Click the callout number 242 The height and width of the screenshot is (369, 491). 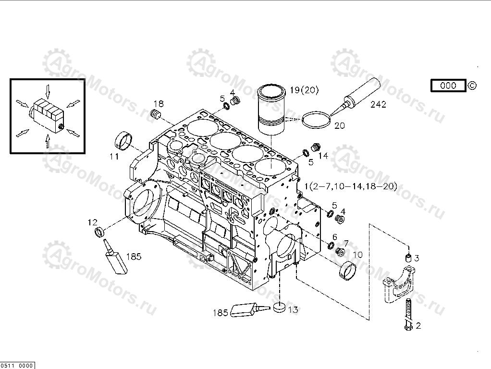tap(378, 104)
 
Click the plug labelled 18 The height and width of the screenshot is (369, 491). tap(155, 116)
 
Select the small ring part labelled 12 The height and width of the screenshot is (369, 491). tap(98, 233)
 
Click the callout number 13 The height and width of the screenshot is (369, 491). tap(293, 310)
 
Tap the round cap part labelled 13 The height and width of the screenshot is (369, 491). tap(278, 307)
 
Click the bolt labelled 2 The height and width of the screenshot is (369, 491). tap(408, 315)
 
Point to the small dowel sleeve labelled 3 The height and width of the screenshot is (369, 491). tap(408, 258)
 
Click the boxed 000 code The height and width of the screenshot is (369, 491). tap(448, 86)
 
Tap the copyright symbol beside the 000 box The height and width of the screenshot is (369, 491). tap(472, 86)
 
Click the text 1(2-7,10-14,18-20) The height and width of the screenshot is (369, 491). tap(351, 186)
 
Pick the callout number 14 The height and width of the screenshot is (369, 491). tap(323, 156)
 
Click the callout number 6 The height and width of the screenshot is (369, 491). tap(334, 237)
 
